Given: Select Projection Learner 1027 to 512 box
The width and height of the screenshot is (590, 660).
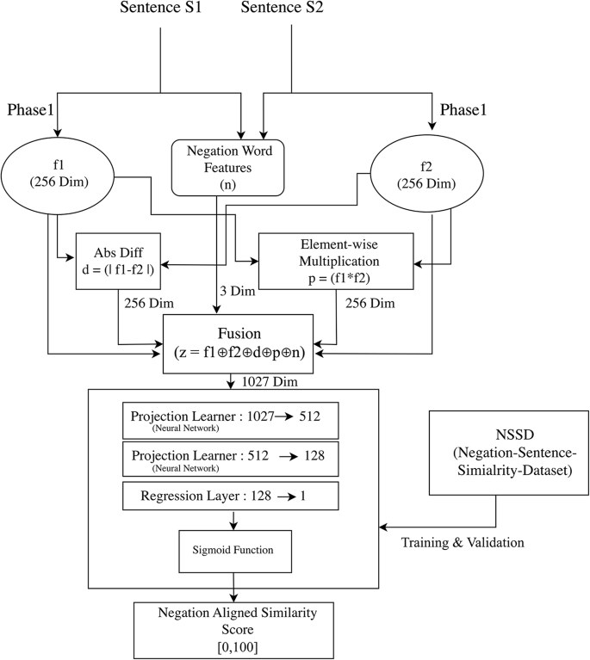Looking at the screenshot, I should (230, 420).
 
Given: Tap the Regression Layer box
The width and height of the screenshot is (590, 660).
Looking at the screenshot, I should (230, 496).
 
